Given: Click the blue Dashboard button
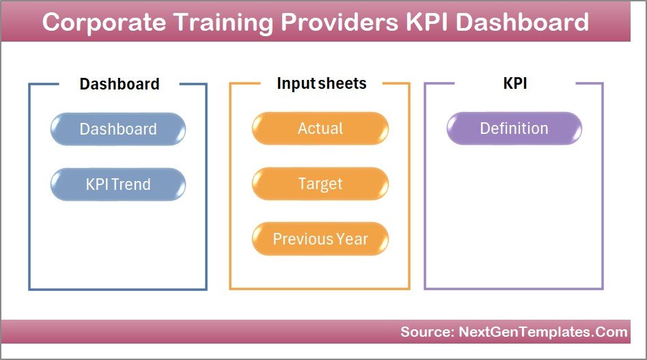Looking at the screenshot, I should [x=118, y=129].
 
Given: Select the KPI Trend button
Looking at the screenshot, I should [x=118, y=184].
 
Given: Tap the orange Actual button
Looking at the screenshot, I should [x=320, y=128].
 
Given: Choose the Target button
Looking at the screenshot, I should [x=320, y=184].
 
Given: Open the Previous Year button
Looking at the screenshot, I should [x=320, y=239].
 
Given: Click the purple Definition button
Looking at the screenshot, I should [x=514, y=128].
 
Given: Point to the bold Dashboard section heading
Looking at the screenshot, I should [x=120, y=84].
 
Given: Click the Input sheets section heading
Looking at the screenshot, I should [x=321, y=83].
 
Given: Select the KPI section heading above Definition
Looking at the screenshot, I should [x=514, y=83].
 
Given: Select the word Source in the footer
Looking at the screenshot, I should [x=423, y=332].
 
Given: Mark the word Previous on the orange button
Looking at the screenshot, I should [x=302, y=239].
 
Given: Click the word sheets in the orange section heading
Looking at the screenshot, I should [x=342, y=83].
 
